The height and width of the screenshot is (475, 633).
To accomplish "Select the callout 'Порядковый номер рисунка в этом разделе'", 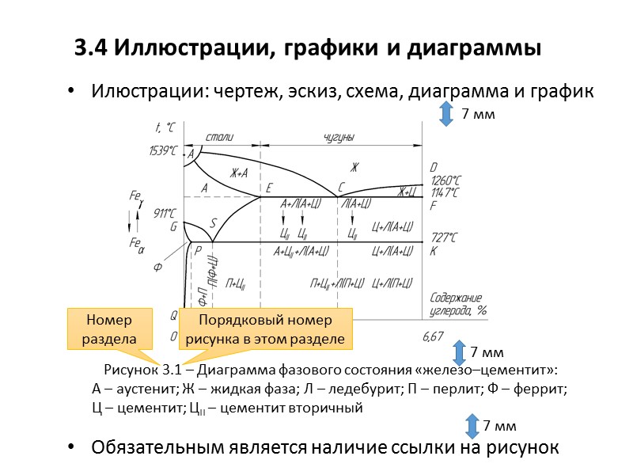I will [x=265, y=329].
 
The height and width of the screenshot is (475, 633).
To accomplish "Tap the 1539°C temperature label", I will [x=162, y=150].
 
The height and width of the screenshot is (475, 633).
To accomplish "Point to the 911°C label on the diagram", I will [x=165, y=212].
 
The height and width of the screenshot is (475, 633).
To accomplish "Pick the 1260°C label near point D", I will [x=444, y=180].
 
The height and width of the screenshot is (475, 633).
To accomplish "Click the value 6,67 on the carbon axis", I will [x=433, y=336].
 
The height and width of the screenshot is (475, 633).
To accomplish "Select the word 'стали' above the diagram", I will [x=219, y=137].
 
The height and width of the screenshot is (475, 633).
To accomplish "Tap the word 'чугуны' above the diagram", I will [x=339, y=137].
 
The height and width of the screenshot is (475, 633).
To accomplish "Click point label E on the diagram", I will [x=269, y=188].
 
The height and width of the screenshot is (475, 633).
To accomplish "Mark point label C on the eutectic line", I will [x=341, y=188].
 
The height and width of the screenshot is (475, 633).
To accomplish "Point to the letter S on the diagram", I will [x=213, y=222].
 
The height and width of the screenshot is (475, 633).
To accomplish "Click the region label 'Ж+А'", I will [x=240, y=173].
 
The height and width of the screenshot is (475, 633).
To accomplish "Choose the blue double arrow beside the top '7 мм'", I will [x=445, y=114].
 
